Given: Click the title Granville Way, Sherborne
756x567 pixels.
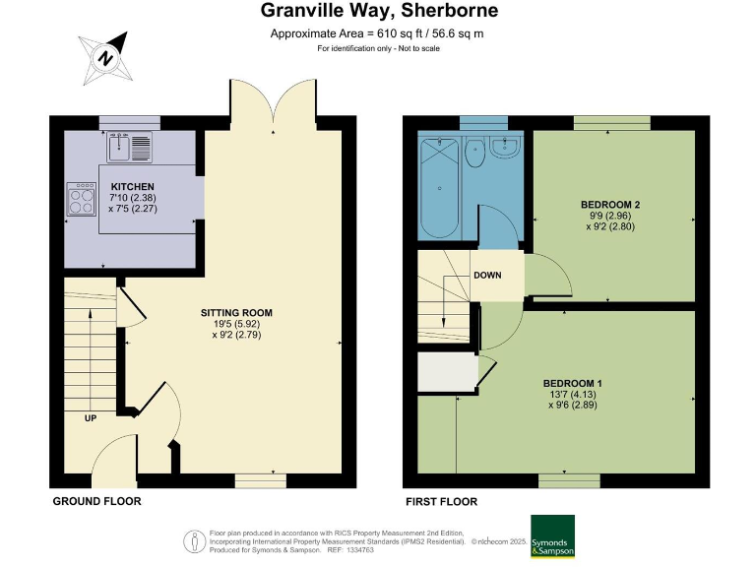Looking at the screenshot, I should pos(379,12).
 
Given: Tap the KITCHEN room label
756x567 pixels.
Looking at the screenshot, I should pos(132,186).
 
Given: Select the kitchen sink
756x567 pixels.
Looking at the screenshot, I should pos(130,148).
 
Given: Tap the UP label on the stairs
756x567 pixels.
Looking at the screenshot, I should pos(90,417).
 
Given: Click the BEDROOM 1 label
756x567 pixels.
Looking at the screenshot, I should pos(573,383).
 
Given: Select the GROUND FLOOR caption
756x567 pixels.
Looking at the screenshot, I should pos(96,501).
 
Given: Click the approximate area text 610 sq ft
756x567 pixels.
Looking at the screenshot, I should pos(377,33).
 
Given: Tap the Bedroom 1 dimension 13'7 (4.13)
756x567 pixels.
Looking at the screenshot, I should pos(573,394).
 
